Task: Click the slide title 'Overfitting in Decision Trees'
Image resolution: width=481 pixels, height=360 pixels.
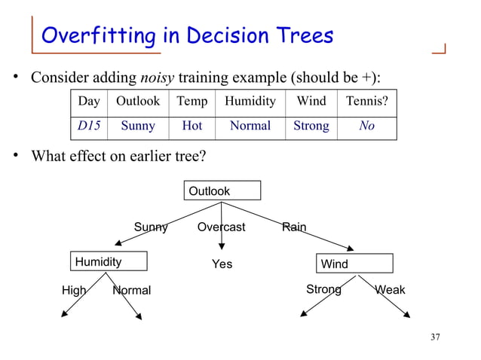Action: pos(187,35)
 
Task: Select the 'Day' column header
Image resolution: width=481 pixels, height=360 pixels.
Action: pos(89,101)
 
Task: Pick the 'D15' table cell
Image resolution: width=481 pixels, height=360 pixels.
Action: pos(89,126)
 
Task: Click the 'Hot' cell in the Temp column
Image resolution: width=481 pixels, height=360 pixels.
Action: pos(191,126)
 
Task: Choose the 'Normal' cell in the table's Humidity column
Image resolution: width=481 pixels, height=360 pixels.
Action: pos(250,126)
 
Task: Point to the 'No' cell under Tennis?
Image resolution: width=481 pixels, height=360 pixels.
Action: pos(366,126)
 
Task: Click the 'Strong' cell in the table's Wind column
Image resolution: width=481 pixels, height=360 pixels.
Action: pos(311,126)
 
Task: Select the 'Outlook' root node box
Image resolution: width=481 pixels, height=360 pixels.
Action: pos(223,191)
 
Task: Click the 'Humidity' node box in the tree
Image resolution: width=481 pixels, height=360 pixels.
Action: pos(109,261)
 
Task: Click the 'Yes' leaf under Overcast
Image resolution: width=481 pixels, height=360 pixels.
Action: pos(222,264)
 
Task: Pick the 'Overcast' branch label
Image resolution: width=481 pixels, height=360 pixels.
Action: pos(222,227)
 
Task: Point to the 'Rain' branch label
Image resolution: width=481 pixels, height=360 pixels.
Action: pos(294,227)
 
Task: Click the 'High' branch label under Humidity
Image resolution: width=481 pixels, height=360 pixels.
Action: pos(73,290)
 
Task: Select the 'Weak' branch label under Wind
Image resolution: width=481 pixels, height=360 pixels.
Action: pos(390,290)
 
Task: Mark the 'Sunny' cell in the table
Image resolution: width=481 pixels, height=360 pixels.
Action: pos(138,126)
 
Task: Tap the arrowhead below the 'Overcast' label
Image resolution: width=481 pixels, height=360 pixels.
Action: pos(222,247)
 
